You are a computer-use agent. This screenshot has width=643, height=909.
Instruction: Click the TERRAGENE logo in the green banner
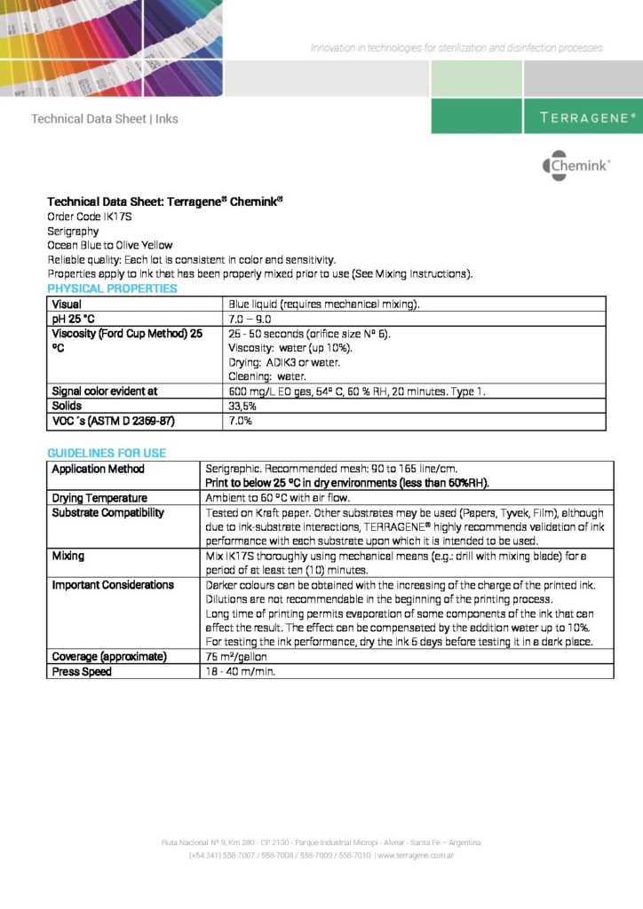pos(587,117)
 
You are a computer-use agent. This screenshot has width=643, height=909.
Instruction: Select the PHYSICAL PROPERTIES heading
pos(112,289)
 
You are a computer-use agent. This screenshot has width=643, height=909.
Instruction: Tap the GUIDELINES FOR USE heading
pos(107,453)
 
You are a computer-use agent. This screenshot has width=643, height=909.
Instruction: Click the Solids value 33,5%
pos(242,406)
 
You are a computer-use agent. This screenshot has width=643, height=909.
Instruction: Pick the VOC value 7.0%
pos(241,422)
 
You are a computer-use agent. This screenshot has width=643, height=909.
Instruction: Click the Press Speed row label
pos(82,672)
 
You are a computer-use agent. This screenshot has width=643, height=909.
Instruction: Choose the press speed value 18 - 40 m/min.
pos(241,672)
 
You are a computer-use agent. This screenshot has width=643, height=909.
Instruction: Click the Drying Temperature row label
pos(99,498)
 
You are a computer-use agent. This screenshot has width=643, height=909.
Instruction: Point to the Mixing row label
pos(68,556)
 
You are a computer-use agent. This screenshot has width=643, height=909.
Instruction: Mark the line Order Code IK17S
pos(88,217)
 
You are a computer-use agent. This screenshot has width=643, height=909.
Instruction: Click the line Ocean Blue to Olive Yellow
pos(110,245)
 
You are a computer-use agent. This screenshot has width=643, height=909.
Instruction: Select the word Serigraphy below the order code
pos(73,231)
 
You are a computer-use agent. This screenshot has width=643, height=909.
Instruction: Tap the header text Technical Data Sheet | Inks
pos(105,119)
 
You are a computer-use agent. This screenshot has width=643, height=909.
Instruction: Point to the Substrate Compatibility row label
pos(107,512)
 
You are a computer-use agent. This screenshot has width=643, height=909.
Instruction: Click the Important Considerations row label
pos(113,585)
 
